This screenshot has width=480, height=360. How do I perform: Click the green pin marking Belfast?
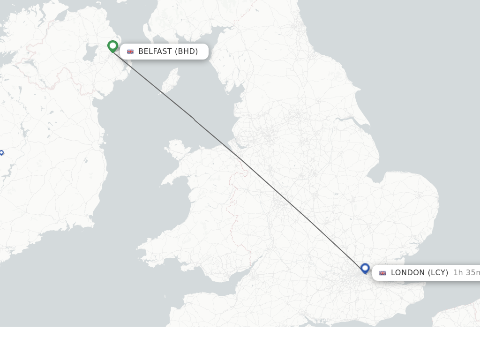[112, 46]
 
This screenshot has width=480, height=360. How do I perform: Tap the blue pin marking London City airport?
[365, 268]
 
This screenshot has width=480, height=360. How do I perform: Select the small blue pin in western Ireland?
[1, 153]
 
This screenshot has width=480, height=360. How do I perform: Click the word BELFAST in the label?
[155, 52]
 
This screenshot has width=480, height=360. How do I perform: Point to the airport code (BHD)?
[187, 52]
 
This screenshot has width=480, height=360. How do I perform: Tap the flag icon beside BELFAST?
[130, 52]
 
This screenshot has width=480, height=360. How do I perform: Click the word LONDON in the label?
[407, 273]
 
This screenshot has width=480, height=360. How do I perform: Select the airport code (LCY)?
[438, 273]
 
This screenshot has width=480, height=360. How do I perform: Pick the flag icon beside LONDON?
[382, 273]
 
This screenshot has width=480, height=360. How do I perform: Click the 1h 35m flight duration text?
[466, 273]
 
